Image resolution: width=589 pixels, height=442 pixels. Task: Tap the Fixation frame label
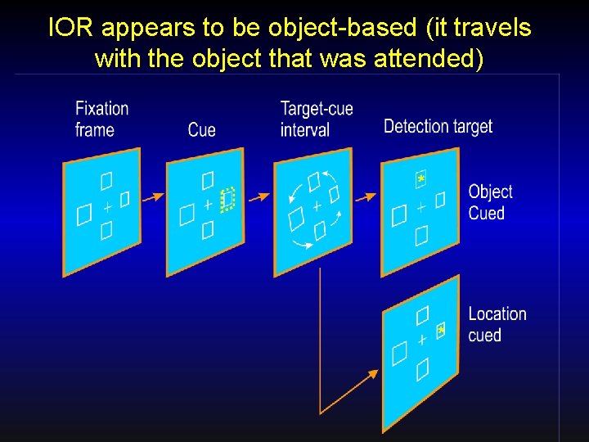[101, 119]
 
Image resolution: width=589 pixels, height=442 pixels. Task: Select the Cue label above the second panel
[201, 129]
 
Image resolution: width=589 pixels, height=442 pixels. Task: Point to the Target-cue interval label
[317, 119]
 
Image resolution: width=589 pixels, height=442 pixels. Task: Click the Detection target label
[438, 126]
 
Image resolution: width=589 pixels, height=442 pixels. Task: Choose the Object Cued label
[490, 202]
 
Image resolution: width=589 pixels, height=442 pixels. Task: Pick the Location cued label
[497, 324]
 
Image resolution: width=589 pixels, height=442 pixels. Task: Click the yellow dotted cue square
[227, 199]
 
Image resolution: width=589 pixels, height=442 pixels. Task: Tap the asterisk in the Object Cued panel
[420, 178]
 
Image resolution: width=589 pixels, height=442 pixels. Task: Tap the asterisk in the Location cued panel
[441, 330]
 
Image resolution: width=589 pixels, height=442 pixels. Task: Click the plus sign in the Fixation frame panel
[106, 207]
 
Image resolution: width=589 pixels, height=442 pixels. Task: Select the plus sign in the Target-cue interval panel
[317, 206]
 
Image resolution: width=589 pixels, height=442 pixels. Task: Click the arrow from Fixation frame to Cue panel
[151, 197]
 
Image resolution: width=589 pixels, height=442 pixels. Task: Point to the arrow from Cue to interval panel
[259, 197]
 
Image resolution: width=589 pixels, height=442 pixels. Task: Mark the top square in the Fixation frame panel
[106, 180]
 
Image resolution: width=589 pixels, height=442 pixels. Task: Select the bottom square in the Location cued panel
[422, 371]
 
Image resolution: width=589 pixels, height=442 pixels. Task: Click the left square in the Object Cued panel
[398, 215]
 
